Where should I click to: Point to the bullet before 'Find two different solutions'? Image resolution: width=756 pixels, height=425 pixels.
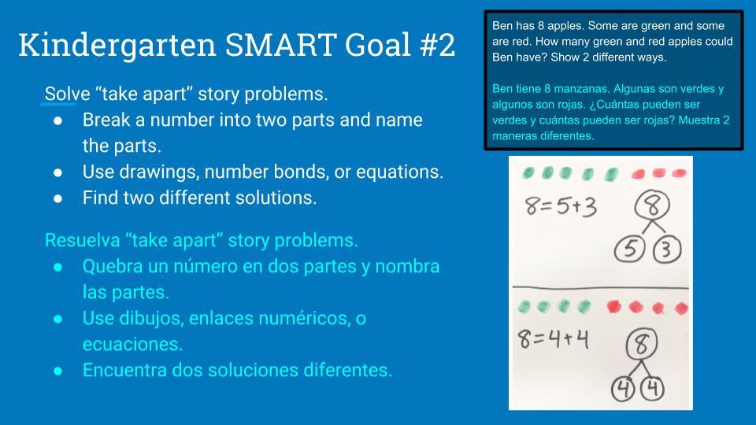pos(58,198)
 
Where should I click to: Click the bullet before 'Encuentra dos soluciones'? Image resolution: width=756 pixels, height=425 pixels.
pos(58,370)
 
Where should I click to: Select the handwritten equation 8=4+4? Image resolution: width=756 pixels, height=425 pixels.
pos(554,338)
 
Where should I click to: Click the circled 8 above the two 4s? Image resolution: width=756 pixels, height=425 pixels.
pos(642,343)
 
